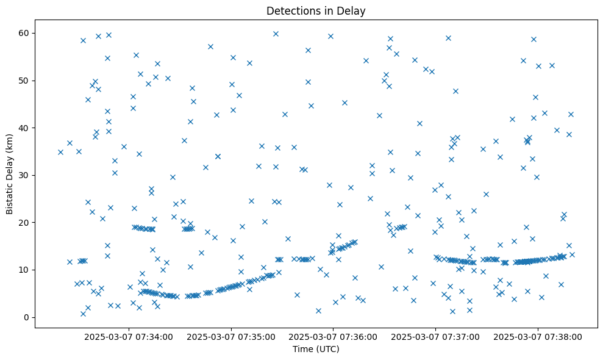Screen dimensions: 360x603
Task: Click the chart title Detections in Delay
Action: (316, 11)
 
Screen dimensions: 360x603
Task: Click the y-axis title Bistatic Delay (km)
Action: (10, 173)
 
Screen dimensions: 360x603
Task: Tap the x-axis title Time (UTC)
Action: (316, 350)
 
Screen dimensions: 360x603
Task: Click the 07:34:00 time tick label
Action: (129, 336)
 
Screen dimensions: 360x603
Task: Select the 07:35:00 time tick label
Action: (231, 336)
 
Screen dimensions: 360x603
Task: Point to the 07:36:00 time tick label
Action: (334, 336)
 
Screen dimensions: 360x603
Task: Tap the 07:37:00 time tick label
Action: (436, 336)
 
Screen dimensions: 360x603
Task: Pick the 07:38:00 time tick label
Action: (538, 336)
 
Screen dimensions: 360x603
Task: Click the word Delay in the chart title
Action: (353, 11)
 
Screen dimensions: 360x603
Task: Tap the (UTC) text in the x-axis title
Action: (328, 350)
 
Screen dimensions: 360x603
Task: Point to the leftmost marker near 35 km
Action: (60, 152)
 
